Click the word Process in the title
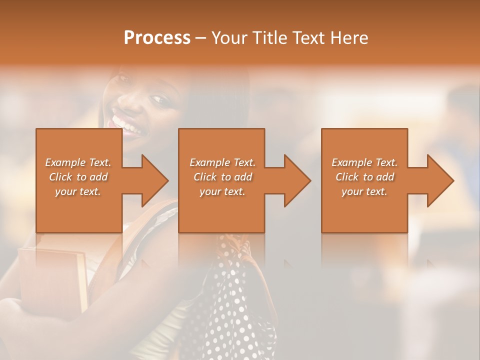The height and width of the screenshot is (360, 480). point(157,38)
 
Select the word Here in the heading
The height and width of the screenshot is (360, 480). point(349,38)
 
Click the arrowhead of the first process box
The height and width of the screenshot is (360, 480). point(155,180)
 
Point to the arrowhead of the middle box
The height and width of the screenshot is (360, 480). point(297,180)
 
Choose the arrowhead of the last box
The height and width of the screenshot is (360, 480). point(440,180)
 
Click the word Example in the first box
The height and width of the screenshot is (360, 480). point(65,162)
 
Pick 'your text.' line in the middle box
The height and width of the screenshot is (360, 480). point(222,191)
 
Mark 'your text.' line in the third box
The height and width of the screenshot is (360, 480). point(364,191)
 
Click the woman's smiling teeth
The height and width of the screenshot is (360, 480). point(122,123)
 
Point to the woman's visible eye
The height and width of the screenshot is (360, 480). point(161,99)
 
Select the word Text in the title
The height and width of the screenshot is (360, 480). point(307,38)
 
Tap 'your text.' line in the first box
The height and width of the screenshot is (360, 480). point(78,191)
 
